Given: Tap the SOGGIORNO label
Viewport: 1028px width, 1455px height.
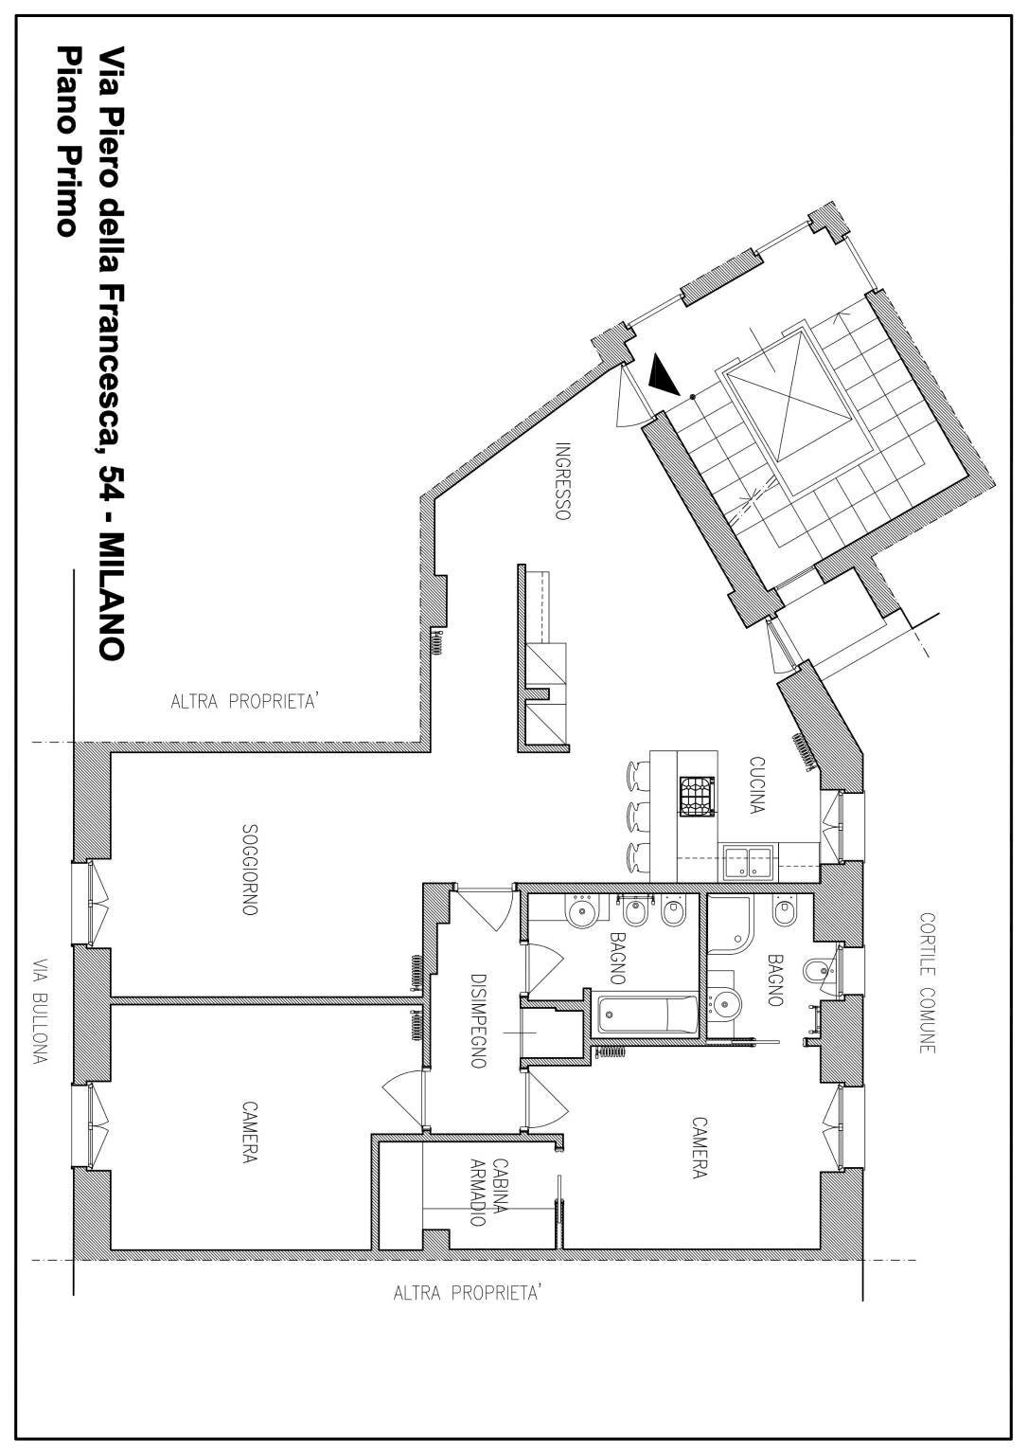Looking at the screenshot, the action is coord(250,870).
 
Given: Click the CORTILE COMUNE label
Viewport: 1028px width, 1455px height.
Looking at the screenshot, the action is coord(928,982).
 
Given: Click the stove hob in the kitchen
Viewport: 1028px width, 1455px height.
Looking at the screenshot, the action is coord(697,797).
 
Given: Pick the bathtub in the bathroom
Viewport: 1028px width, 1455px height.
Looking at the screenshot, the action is coord(647,1015).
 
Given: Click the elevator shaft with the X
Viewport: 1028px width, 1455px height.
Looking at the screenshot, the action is coord(788,396).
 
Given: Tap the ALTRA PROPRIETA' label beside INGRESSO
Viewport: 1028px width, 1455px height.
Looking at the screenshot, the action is coord(244,702).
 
